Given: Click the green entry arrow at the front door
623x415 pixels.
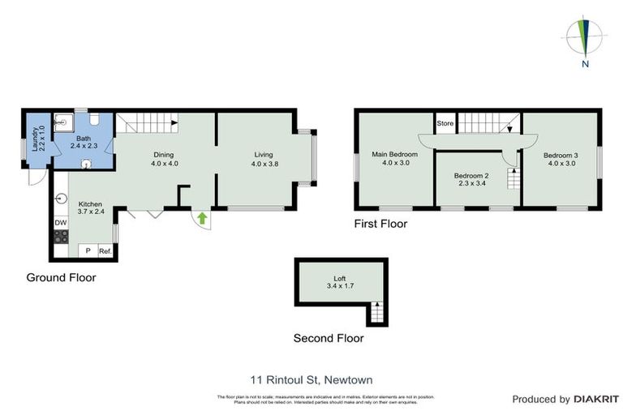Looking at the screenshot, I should point(201,216).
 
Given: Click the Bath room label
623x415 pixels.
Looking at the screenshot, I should point(84,139).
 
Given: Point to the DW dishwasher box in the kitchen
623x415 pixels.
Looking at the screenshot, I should point(60,223).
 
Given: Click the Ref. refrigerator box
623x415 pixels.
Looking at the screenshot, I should point(105,251).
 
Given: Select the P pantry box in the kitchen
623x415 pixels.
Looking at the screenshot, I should point(87,251).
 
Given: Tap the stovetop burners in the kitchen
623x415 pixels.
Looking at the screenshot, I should point(60,237).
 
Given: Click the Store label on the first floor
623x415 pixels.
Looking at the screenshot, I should point(445,124).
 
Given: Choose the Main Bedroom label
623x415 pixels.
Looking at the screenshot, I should point(394,154).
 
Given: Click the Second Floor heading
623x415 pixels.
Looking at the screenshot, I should point(329,339).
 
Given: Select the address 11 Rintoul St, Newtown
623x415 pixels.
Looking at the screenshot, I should point(311,379).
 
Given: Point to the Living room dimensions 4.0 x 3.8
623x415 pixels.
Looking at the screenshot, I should point(263,163).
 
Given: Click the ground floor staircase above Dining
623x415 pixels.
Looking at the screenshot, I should point(147,124).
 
